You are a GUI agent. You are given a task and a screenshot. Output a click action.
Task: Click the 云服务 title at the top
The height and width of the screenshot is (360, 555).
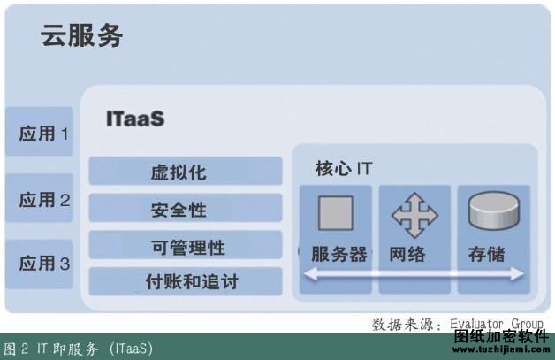(x=82, y=35)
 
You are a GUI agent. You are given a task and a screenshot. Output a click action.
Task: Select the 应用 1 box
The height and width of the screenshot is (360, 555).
(x=39, y=132)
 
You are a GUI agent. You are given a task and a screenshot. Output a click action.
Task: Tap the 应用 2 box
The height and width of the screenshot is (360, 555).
(x=39, y=198)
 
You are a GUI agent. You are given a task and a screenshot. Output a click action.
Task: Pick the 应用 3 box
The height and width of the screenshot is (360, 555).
(x=39, y=264)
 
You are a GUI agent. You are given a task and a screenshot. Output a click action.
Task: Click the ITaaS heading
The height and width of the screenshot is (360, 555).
(x=135, y=119)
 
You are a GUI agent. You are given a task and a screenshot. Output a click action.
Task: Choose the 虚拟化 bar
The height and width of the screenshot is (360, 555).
(x=186, y=171)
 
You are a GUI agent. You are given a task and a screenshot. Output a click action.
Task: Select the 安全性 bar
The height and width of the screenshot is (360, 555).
(x=186, y=208)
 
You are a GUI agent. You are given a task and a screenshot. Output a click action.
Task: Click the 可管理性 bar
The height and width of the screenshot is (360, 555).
(x=186, y=245)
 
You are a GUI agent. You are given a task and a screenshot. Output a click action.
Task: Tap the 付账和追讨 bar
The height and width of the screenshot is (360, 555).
(x=186, y=281)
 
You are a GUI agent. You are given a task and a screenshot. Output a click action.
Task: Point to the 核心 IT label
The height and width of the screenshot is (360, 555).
(x=344, y=169)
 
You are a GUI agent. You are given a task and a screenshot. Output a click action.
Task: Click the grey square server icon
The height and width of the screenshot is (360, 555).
(x=336, y=213)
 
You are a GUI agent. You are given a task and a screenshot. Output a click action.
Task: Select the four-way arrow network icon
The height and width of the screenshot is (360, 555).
(x=414, y=215)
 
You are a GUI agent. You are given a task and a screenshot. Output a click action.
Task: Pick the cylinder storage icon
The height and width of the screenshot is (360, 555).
(x=494, y=211)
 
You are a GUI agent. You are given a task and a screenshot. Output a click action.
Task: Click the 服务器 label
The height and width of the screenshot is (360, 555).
(x=338, y=254)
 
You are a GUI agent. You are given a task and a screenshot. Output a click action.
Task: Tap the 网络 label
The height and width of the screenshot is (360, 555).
(x=407, y=254)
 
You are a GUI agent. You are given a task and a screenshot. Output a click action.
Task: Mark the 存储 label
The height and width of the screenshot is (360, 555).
(x=487, y=254)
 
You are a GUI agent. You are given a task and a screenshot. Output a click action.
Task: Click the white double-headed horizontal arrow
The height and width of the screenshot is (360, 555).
(x=414, y=273)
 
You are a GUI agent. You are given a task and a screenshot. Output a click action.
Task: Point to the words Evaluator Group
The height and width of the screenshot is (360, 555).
(x=497, y=324)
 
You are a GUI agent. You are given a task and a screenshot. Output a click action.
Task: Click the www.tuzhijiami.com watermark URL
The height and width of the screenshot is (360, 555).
(x=501, y=349)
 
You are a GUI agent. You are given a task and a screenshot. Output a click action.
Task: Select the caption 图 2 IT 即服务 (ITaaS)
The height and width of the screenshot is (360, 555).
(x=79, y=349)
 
